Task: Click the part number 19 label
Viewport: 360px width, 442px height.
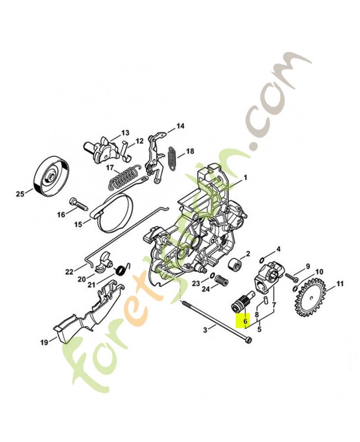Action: click(44, 343)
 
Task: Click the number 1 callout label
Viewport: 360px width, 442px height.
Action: click(245, 178)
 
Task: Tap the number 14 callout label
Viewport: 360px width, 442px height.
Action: click(180, 127)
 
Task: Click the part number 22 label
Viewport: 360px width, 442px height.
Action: click(68, 271)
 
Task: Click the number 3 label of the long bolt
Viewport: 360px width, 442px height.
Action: click(205, 330)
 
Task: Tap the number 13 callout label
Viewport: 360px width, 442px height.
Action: click(125, 133)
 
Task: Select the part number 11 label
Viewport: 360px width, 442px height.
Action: click(340, 284)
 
